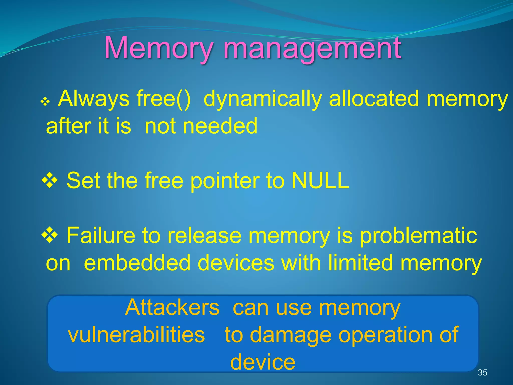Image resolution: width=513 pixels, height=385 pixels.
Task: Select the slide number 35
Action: [482, 372]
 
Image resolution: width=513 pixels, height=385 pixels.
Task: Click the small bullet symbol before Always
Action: [45, 102]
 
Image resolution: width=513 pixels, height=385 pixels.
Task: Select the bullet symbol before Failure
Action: [50, 235]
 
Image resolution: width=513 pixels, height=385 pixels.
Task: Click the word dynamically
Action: [263, 99]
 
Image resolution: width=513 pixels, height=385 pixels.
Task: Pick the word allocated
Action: [374, 99]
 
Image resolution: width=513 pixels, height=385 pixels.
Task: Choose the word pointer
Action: [225, 180]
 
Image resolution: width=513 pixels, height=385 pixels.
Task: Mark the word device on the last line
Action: [263, 362]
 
